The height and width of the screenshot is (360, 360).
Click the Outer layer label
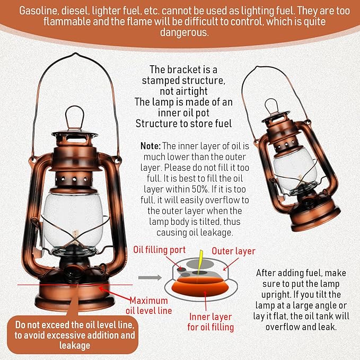click(233, 251)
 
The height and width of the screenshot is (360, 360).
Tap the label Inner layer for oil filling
click(211, 322)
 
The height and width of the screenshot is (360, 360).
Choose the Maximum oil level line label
click(148, 305)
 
